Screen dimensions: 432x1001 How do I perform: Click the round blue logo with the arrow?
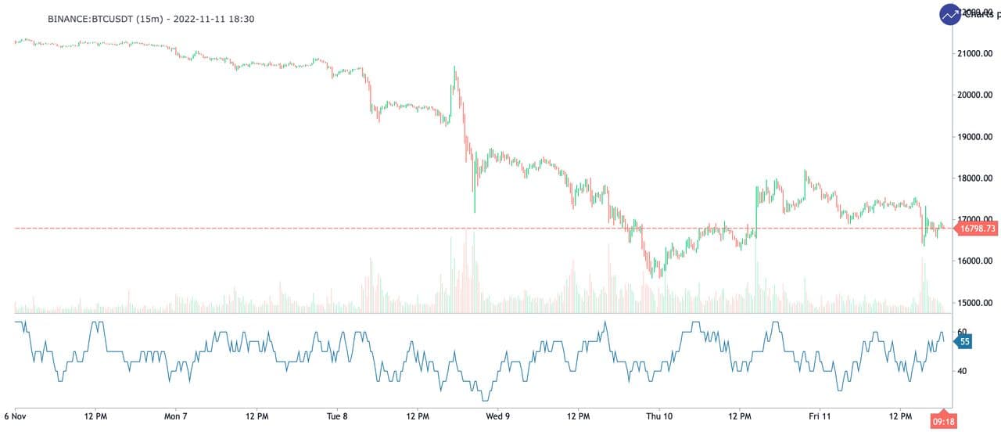pos(950,14)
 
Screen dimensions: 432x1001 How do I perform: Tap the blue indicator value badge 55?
pos(965,341)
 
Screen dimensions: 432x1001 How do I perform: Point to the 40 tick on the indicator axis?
pos(961,371)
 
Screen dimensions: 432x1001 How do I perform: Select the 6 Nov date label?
pos(16,416)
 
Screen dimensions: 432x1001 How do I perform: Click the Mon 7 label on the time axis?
pos(175,416)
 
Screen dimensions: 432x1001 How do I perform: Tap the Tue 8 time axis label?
pos(336,416)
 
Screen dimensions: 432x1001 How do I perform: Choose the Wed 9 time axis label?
pos(497,416)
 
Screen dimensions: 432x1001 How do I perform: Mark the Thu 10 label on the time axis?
pos(659,416)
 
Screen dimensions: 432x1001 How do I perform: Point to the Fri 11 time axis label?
pos(820,416)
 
